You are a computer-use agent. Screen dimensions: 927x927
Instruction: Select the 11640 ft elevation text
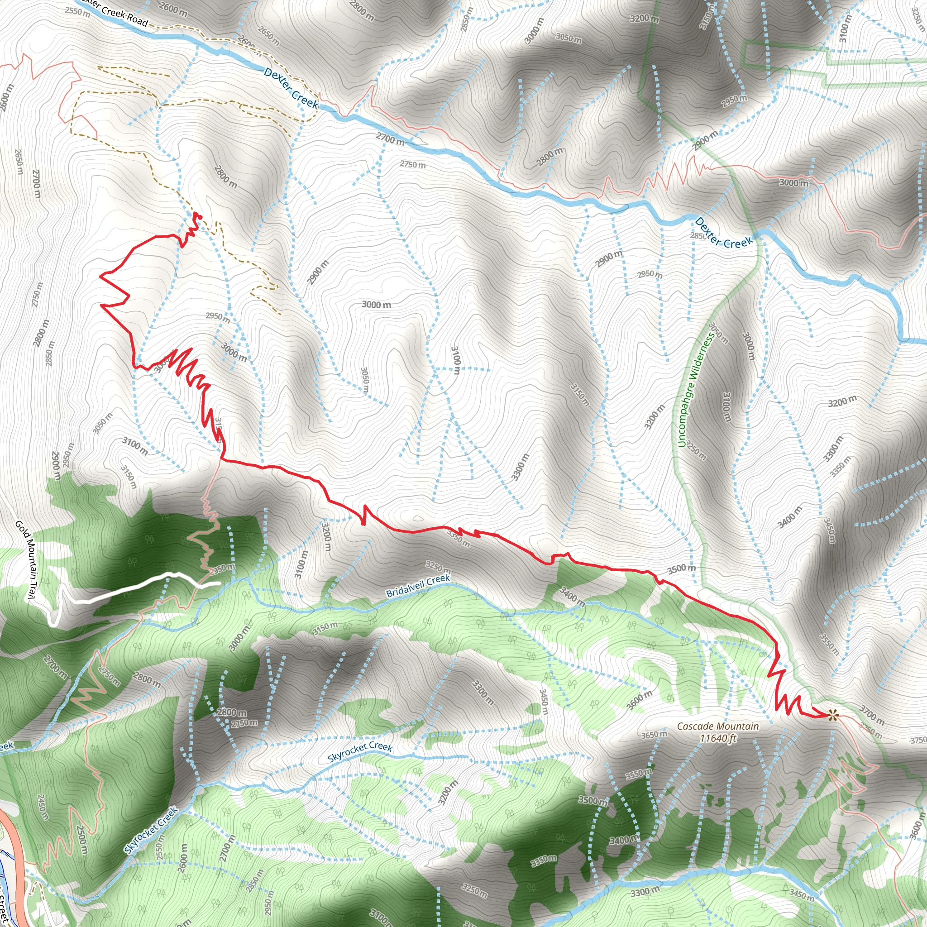pos(718,738)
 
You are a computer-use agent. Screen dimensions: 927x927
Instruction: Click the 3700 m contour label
pos(871,715)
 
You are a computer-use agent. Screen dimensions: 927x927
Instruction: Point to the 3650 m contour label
pos(654,735)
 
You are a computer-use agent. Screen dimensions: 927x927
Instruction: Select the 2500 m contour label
pos(82,840)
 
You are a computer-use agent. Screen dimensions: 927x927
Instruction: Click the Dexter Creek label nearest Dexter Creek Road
pos(291,87)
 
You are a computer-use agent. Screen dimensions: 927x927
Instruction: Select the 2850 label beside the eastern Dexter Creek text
pos(698,235)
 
